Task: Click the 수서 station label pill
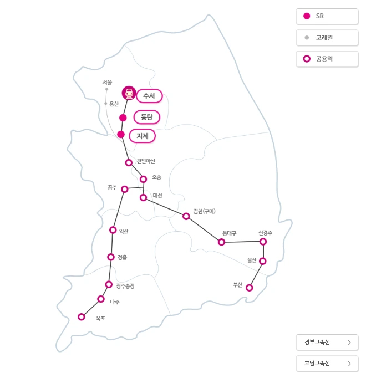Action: click(x=149, y=96)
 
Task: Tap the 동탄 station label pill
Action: click(x=147, y=117)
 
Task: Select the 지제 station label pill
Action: click(x=143, y=135)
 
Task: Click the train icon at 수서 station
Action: click(x=129, y=93)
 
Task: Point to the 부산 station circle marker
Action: click(x=250, y=288)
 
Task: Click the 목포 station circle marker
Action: click(x=82, y=317)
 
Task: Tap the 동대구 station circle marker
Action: click(x=221, y=242)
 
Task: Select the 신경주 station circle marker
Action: click(x=263, y=242)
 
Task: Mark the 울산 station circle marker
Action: click(x=263, y=261)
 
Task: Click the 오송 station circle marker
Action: click(x=143, y=179)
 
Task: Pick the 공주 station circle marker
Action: click(x=125, y=189)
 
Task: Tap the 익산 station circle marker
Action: click(x=113, y=230)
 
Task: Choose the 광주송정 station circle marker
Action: click(x=109, y=284)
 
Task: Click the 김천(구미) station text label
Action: click(x=204, y=211)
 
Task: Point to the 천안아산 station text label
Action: click(x=146, y=161)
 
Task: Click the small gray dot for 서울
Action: click(x=106, y=89)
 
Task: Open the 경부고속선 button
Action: click(x=327, y=343)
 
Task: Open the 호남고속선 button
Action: click(x=327, y=364)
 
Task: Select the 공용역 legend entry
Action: click(x=327, y=59)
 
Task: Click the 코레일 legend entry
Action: click(x=327, y=38)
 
